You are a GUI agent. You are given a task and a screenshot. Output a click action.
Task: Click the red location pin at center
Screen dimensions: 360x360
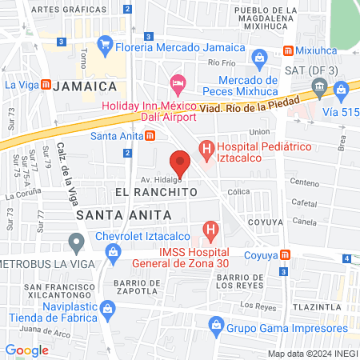pos(180,162)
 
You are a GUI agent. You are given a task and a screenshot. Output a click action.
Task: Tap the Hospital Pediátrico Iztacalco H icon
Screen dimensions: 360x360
pos(206,148)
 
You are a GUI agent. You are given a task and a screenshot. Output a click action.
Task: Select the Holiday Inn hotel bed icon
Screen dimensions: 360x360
pos(178,82)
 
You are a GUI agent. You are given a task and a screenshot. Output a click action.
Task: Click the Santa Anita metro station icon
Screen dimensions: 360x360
pos(150,135)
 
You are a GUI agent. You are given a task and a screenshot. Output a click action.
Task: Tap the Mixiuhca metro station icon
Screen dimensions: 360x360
pos(286,50)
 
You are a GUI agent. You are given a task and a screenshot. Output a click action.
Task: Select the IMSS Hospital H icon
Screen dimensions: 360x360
pos(210,232)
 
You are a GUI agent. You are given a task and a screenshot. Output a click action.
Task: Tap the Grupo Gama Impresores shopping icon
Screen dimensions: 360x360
pos(215,325)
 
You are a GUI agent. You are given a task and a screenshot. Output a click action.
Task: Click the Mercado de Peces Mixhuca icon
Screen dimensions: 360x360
pos(259,58)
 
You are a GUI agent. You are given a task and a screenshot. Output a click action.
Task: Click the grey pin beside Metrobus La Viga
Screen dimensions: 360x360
pos(77,240)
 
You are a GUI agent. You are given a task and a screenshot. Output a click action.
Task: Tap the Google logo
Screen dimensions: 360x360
pos(26,350)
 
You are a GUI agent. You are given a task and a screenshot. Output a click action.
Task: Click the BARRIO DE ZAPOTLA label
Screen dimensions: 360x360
pos(143,283)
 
